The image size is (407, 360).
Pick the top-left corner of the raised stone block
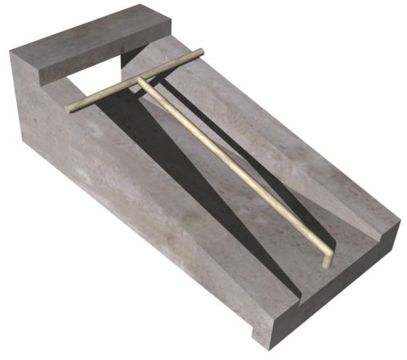point(13,50)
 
